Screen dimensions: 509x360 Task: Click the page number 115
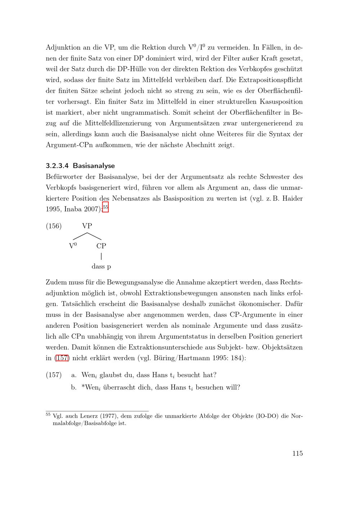(x=297, y=453)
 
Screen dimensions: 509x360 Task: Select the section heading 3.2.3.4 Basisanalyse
(x=80, y=166)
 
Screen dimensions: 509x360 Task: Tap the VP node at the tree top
(x=87, y=226)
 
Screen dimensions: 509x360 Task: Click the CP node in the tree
(x=101, y=246)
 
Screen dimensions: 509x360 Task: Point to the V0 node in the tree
(x=73, y=246)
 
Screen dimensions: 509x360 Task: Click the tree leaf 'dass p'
(x=101, y=267)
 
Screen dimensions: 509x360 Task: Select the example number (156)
(x=54, y=226)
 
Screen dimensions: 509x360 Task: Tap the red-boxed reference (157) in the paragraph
(x=62, y=358)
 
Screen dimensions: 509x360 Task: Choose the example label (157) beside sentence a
(x=54, y=375)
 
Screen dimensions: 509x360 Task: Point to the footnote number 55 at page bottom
(x=48, y=414)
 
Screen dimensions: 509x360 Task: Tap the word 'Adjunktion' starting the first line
(x=63, y=47)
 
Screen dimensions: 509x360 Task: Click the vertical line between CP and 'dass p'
(x=101, y=256)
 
